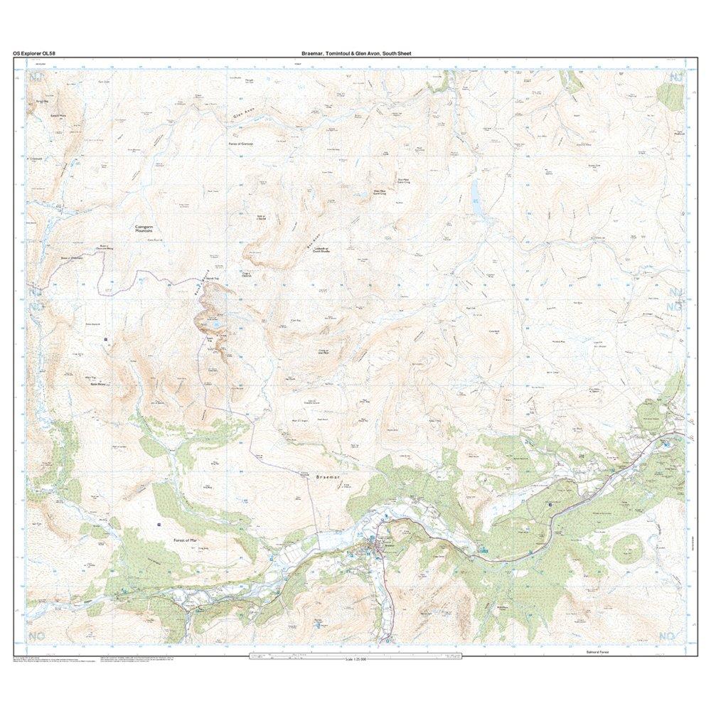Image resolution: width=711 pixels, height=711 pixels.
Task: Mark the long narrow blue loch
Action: (474, 192)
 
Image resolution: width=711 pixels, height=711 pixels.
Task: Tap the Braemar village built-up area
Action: (375, 547)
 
